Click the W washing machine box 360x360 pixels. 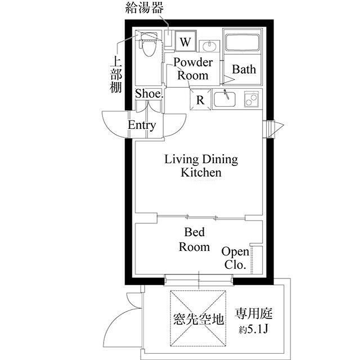186,42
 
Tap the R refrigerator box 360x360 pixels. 200,101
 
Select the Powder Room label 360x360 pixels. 192,68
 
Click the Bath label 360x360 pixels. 244,70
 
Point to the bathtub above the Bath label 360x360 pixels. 242,43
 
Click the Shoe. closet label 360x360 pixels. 148,94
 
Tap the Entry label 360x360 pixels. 141,125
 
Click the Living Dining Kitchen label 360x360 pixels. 201,166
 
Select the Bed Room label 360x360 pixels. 194,239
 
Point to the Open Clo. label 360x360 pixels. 235,258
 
